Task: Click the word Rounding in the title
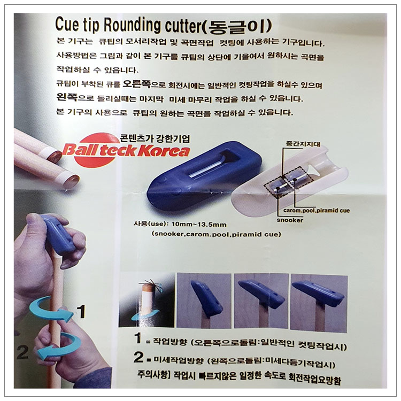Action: [x=132, y=25]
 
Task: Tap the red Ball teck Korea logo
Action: [x=126, y=150]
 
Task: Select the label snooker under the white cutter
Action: [x=290, y=220]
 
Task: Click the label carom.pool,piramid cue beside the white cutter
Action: [x=317, y=211]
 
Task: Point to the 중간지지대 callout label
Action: [x=303, y=144]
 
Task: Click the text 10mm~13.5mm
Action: [x=199, y=225]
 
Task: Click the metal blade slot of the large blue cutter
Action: [x=206, y=168]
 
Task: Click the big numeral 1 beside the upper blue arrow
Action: [x=81, y=311]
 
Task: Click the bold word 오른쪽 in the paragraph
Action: [x=137, y=84]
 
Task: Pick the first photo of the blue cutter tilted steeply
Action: [x=204, y=300]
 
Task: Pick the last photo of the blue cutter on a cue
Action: [x=319, y=302]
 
